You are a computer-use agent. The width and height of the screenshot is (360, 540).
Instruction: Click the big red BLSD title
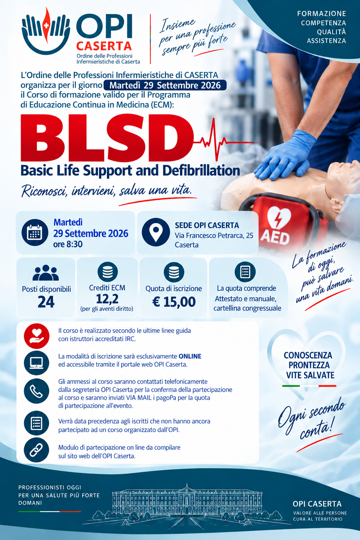point(107,138)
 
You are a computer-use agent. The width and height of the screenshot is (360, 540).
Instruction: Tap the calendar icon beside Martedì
point(35,232)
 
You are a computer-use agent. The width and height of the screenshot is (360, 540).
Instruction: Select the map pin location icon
point(155,232)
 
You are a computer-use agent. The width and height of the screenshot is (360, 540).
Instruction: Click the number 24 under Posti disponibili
point(46,302)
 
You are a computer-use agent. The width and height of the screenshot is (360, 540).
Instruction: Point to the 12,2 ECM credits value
point(107,299)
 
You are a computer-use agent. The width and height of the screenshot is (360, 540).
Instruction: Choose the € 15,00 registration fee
point(174,302)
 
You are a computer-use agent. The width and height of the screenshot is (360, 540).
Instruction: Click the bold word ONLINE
point(190,356)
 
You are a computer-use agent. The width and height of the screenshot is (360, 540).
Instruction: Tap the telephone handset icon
point(36,391)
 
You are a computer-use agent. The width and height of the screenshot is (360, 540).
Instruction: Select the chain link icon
point(36,450)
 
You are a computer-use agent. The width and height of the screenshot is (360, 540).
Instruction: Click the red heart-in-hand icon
point(37,336)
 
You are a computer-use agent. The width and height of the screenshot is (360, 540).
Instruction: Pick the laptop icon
point(37,363)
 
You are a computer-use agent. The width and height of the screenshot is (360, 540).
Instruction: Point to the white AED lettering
point(275,238)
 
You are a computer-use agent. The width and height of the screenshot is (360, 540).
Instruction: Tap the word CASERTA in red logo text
point(104,46)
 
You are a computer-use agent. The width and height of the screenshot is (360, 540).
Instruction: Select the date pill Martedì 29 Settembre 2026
point(165,85)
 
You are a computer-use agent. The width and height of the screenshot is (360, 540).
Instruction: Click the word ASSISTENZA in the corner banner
point(326,41)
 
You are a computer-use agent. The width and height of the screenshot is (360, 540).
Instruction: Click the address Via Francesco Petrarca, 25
point(214,236)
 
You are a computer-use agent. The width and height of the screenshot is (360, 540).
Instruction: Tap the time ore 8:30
point(68,244)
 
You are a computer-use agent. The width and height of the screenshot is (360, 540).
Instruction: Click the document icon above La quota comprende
point(245,272)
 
